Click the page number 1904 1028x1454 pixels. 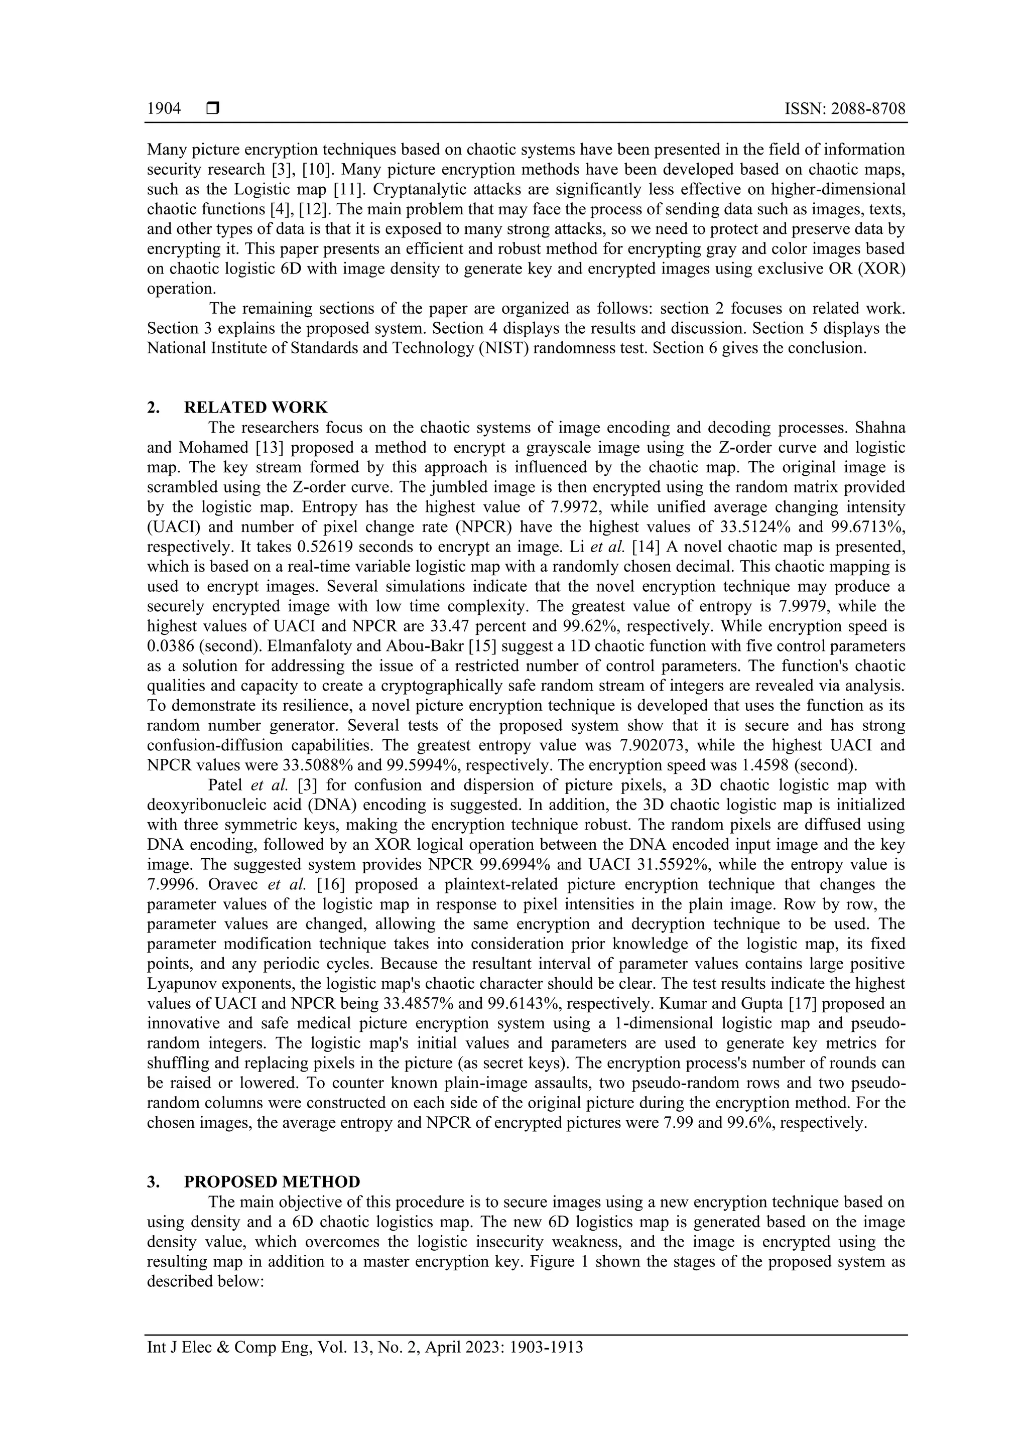(164, 109)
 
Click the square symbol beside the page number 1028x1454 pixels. (212, 109)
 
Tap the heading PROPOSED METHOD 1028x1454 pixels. (272, 1181)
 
